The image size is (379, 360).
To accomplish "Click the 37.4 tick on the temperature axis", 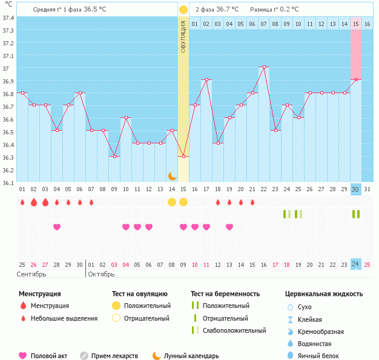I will tap(8, 18).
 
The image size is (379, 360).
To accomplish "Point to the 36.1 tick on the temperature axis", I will tap(8, 182).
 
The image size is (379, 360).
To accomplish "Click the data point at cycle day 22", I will tap(264, 67).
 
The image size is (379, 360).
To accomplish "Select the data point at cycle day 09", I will tap(114, 156).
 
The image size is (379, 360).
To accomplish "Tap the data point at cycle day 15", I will tap(183, 156).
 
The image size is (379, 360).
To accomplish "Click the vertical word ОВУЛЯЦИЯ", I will tap(183, 37).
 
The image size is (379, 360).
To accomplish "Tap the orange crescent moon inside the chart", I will tap(173, 175).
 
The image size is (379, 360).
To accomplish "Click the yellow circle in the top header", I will tap(183, 10).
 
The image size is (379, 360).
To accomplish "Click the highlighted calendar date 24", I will tap(356, 264).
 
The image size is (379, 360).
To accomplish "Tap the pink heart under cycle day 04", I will tap(57, 227).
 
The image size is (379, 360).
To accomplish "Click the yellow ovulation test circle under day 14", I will tap(172, 201).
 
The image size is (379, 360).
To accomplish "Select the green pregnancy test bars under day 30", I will tap(356, 214).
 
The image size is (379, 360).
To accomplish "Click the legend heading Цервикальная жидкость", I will tap(324, 294).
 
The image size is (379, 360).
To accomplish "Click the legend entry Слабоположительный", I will tap(234, 330).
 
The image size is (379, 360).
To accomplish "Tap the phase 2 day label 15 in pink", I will tap(356, 24).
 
